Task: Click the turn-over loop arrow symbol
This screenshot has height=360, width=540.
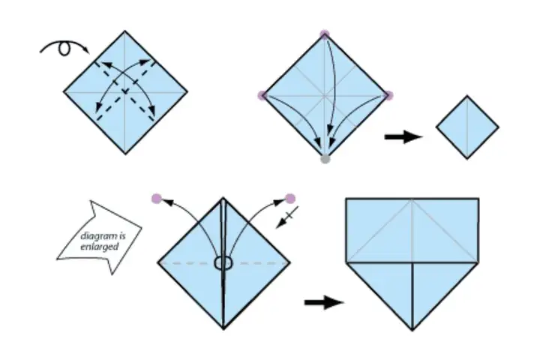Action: tap(64, 42)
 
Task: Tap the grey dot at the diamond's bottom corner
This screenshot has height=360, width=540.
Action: tap(325, 159)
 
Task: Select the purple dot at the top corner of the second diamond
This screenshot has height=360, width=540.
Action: tap(325, 34)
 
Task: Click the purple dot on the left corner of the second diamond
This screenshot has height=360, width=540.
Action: tap(262, 95)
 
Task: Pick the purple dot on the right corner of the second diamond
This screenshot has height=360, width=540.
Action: tap(388, 95)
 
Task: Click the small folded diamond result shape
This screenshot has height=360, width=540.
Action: tap(467, 127)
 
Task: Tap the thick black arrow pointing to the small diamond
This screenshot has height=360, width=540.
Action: tap(403, 137)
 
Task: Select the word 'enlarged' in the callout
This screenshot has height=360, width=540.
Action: tap(100, 247)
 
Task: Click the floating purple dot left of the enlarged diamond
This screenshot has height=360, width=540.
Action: tap(157, 199)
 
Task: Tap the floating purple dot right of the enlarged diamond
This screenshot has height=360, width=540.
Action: tap(290, 199)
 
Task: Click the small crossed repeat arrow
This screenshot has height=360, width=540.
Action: tap(287, 217)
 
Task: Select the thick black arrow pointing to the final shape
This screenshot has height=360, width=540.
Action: tap(324, 302)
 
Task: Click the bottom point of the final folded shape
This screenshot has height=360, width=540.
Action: tap(412, 330)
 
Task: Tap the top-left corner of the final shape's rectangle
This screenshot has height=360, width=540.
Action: tap(346, 199)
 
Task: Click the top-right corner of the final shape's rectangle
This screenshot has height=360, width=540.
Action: tap(478, 199)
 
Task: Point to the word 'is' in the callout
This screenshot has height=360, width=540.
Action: tap(122, 236)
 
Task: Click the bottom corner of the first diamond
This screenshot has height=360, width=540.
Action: tap(125, 154)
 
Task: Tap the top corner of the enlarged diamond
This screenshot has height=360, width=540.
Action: tap(223, 198)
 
